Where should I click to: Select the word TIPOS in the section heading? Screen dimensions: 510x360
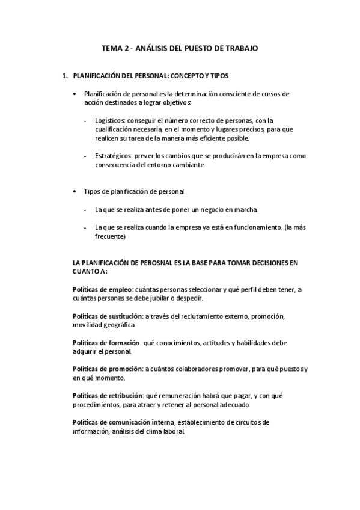pyautogui.click(x=218, y=76)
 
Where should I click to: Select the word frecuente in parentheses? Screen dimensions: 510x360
pyautogui.click(x=109, y=236)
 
